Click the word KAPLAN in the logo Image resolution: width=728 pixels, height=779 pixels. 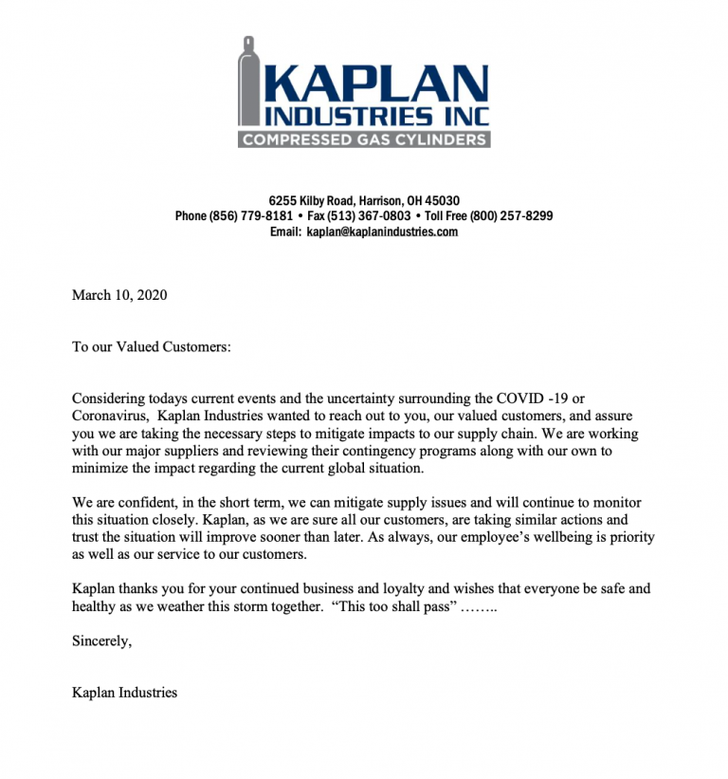(373, 83)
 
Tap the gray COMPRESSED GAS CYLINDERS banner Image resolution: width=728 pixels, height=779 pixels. (364, 139)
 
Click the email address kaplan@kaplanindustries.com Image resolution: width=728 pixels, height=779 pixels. (382, 232)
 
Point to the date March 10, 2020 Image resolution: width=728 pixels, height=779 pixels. (119, 295)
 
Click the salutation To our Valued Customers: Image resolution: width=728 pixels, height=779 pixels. (152, 346)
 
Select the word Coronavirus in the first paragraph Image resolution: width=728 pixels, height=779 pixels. (109, 416)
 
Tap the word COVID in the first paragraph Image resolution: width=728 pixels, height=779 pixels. (507, 399)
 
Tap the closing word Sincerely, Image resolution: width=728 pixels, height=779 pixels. (102, 640)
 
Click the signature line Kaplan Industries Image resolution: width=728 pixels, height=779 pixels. (124, 693)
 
